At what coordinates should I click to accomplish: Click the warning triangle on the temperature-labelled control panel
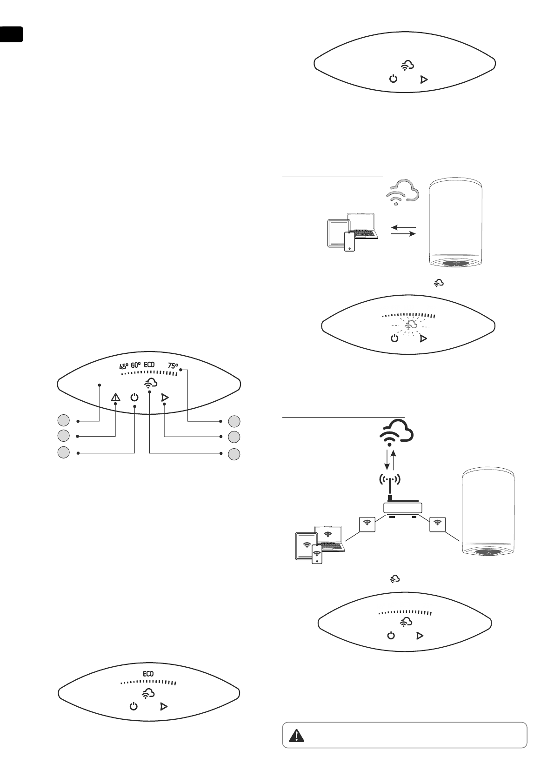tap(115, 398)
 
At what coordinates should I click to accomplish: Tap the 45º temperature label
tap(123, 365)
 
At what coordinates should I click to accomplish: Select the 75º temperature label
tap(173, 366)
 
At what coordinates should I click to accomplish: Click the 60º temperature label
tap(136, 365)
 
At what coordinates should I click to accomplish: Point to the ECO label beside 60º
tap(149, 365)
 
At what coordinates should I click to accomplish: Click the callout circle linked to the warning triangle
tap(64, 436)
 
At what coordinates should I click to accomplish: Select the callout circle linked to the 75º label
tap(234, 421)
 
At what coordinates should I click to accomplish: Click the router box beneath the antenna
tap(402, 508)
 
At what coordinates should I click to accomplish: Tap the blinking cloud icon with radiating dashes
tap(410, 325)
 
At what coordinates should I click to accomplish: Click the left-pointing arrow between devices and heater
tap(403, 228)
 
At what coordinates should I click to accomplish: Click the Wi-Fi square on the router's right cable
tap(437, 524)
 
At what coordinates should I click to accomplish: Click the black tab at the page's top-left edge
tap(11, 34)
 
